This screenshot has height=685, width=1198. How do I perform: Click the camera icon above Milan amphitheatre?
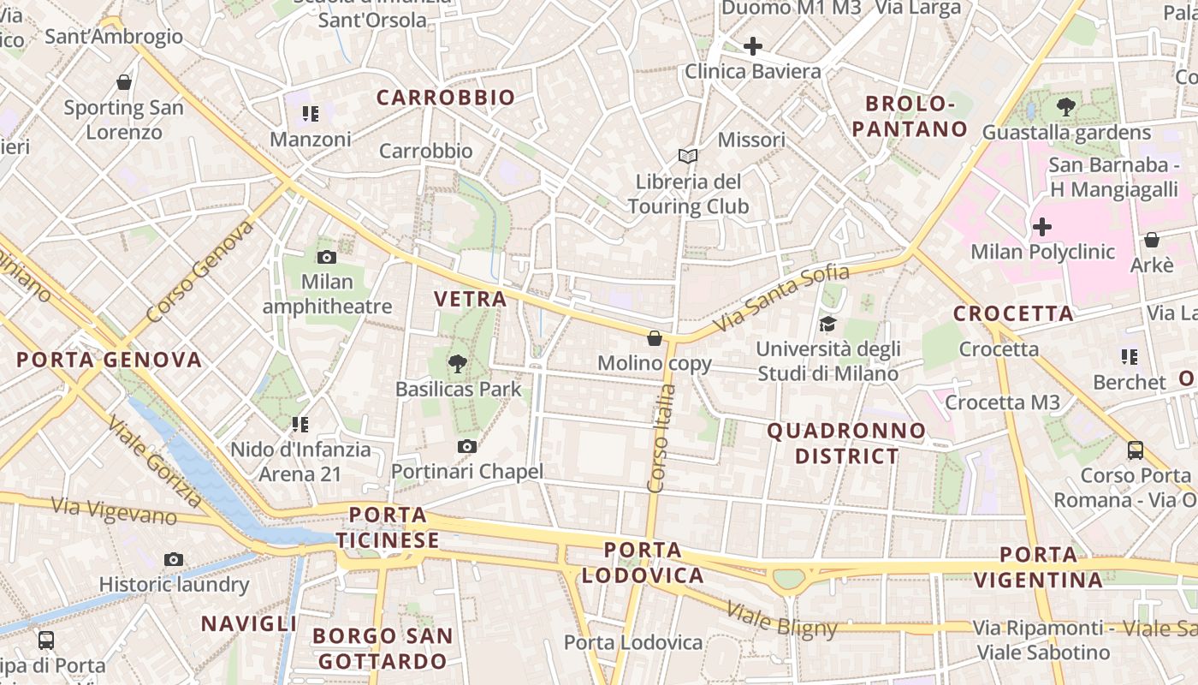point(326,257)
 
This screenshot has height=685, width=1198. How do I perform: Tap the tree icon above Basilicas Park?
point(458,364)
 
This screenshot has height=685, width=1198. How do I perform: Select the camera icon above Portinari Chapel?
point(466,446)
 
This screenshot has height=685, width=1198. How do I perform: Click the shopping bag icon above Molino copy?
point(655,338)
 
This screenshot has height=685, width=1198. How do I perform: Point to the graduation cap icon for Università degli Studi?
point(827,324)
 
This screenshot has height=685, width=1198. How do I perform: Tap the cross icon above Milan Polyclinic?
point(1042,227)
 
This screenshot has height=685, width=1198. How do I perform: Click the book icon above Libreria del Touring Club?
point(688,156)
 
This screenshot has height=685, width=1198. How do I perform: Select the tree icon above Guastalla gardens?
point(1066,107)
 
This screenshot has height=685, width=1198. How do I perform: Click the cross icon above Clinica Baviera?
point(753,46)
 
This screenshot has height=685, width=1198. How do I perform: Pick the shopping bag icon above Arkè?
point(1152,240)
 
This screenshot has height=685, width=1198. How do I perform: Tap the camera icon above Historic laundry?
point(174,559)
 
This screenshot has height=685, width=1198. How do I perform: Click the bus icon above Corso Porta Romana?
point(1136,450)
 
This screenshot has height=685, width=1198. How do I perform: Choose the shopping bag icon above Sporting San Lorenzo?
point(124,82)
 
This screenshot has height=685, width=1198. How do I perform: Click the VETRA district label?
point(471,299)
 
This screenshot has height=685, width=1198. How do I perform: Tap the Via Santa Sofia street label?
point(781,299)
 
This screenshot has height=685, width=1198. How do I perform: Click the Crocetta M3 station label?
point(1002,402)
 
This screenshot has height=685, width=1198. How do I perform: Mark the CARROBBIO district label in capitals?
point(446,98)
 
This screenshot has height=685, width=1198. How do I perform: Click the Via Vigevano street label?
point(114,510)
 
